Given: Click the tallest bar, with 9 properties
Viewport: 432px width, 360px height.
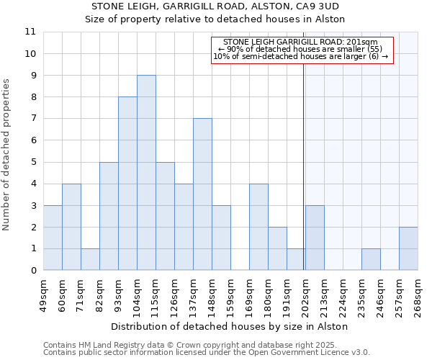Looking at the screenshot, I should click(146, 173).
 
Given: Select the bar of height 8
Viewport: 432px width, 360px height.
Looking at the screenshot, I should click(127, 184).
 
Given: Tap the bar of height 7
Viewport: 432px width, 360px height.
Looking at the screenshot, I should click(202, 194).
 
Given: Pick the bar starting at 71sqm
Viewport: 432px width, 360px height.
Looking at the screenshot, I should click(90, 259).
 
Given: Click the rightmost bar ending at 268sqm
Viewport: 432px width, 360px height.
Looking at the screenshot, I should click(408, 248).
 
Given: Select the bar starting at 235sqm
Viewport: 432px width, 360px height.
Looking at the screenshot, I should click(371, 259).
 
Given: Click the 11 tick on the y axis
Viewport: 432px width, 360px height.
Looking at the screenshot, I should click(30, 32).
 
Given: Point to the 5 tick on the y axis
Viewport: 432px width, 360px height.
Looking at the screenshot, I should click(32, 162).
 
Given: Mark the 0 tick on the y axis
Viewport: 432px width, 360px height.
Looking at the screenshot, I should click(32, 271).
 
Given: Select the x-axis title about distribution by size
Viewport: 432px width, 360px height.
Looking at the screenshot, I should click(230, 326).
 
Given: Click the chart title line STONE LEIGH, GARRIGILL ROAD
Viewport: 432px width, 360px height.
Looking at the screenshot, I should click(230, 6).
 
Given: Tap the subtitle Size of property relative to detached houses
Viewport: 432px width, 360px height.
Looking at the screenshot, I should click(230, 19).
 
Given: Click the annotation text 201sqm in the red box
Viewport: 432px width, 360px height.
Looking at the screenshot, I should click(302, 42).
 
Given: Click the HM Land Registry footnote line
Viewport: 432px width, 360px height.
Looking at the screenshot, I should click(206, 345).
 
